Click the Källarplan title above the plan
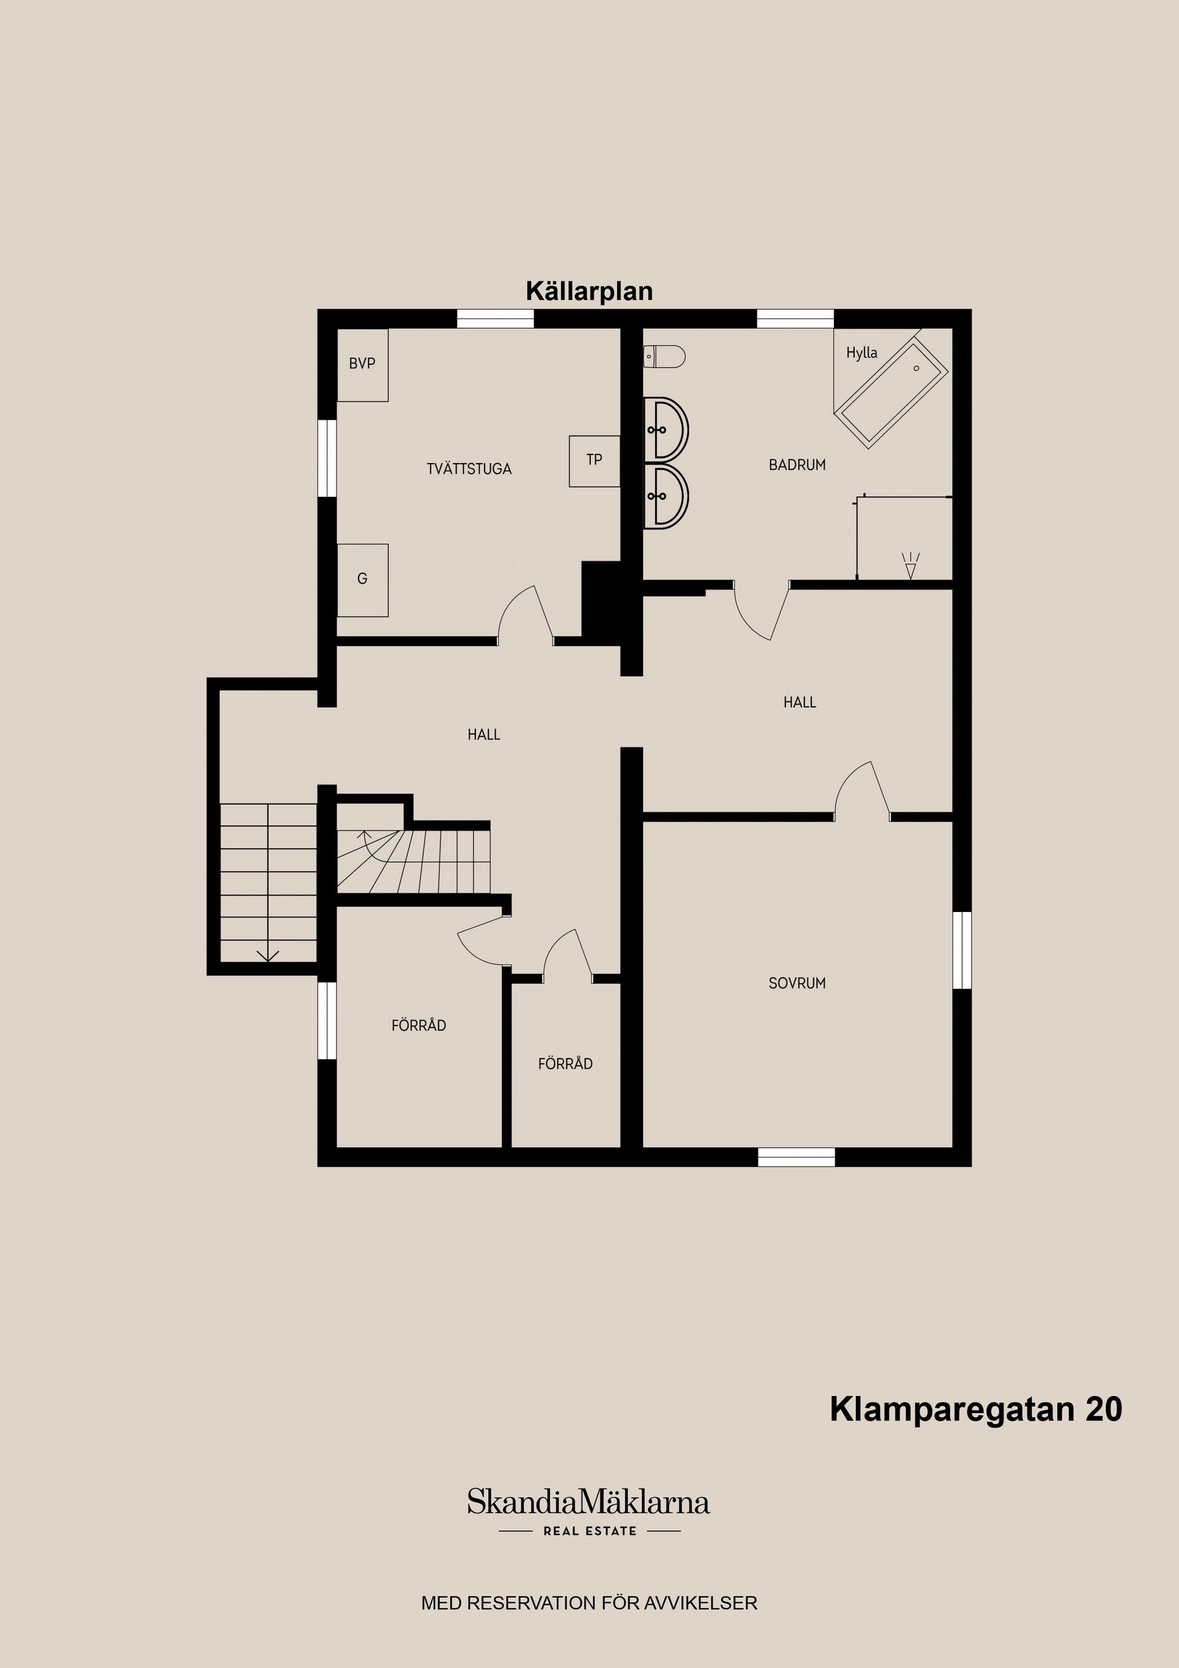pyautogui.click(x=589, y=291)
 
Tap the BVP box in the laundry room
pyautogui.click(x=362, y=365)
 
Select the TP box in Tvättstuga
pyautogui.click(x=594, y=461)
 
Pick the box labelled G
pyautogui.click(x=362, y=580)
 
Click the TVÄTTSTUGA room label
pyautogui.click(x=469, y=469)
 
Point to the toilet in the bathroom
pyautogui.click(x=664, y=357)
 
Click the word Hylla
pyautogui.click(x=862, y=353)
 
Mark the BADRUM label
pyautogui.click(x=797, y=465)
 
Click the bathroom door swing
pyautogui.click(x=760, y=615)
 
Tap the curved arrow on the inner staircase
pyautogui.click(x=368, y=843)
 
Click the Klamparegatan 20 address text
pyautogui.click(x=976, y=1409)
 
